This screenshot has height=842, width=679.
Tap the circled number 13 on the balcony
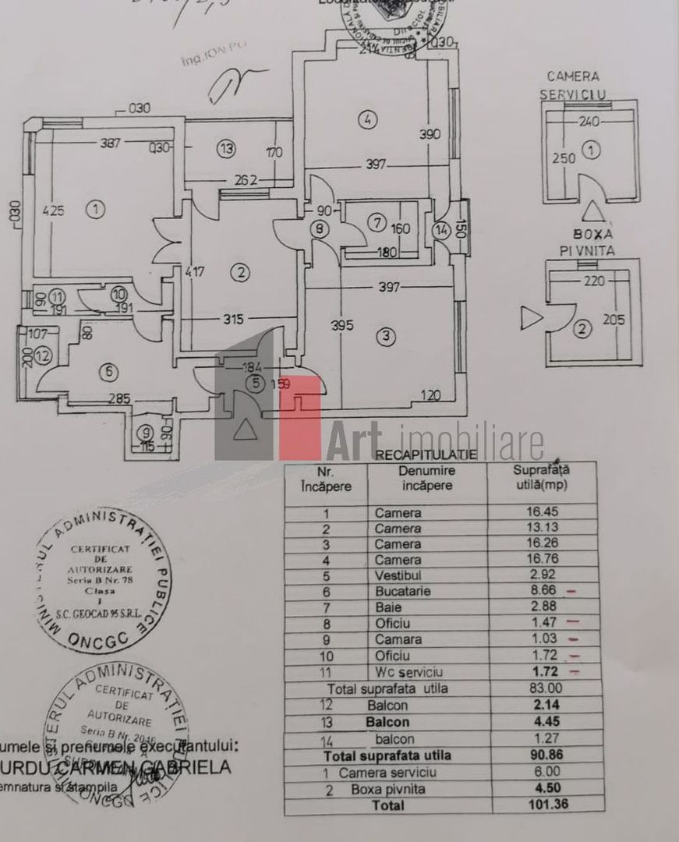tap(226, 149)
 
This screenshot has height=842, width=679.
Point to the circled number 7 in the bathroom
tap(376, 223)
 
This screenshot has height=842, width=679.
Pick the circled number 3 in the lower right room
tap(385, 337)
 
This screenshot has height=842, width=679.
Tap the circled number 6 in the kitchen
tap(108, 372)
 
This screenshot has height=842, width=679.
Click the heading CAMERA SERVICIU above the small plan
tap(573, 85)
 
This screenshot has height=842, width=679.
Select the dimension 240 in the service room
tap(589, 122)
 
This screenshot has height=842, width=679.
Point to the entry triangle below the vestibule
tap(244, 430)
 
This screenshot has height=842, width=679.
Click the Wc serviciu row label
tap(408, 671)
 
